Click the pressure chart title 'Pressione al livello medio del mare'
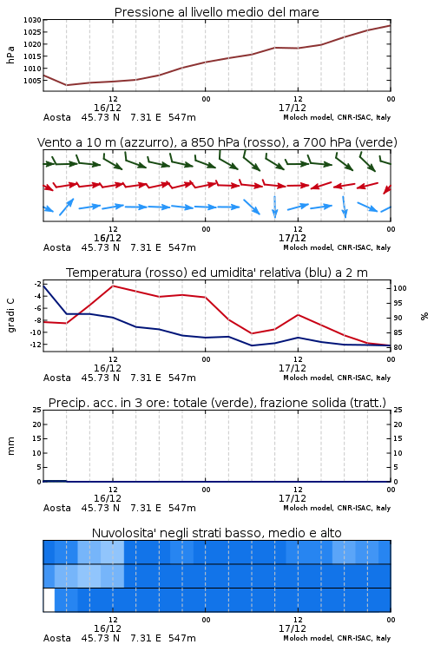pyautogui.click(x=216, y=12)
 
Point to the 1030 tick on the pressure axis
pyautogui.click(x=32, y=20)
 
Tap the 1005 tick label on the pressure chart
pyautogui.click(x=32, y=81)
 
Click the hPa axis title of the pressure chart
pyautogui.click(x=10, y=55)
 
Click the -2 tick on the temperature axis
pyautogui.click(x=37, y=284)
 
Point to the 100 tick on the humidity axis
pyautogui.click(x=399, y=288)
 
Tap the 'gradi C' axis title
pyautogui.click(x=10, y=315)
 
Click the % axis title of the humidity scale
pyautogui.click(x=424, y=316)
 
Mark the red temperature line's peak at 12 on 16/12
pyautogui.click(x=113, y=286)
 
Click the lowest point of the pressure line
pyautogui.click(x=67, y=85)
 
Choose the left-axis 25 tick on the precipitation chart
pyautogui.click(x=37, y=410)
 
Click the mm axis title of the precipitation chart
pyautogui.click(x=10, y=446)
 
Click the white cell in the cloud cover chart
pyautogui.click(x=49, y=600)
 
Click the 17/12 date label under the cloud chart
pyautogui.click(x=293, y=628)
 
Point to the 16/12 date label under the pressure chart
pyautogui.click(x=108, y=108)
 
